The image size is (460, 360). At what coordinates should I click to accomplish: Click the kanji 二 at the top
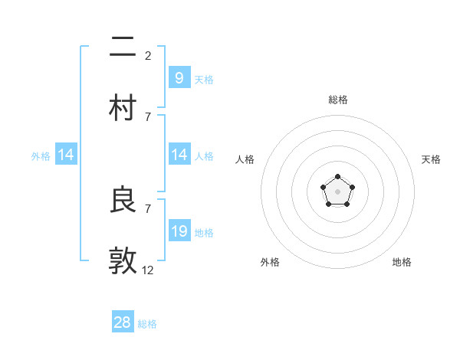click(x=123, y=47)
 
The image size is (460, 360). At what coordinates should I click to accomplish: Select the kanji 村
click(x=123, y=108)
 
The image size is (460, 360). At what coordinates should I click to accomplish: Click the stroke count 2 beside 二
click(x=148, y=55)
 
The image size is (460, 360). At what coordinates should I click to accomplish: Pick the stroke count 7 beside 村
click(x=148, y=116)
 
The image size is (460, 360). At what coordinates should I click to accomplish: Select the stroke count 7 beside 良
click(x=148, y=208)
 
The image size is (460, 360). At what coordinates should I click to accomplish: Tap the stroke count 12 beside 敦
click(x=148, y=270)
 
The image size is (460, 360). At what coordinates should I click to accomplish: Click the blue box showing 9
click(x=179, y=77)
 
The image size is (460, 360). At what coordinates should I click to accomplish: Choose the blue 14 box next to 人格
click(x=179, y=155)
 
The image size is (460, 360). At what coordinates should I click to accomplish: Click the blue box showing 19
click(x=179, y=231)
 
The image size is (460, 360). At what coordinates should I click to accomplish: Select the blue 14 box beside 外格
click(x=66, y=155)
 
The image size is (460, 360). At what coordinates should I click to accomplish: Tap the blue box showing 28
click(x=123, y=322)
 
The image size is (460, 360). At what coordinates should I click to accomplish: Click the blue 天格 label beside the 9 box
click(x=204, y=79)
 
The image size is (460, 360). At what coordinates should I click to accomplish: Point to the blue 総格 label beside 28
click(x=147, y=324)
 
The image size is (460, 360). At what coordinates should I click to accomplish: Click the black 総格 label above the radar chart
click(x=337, y=100)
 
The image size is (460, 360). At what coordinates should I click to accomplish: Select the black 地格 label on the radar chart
click(x=402, y=262)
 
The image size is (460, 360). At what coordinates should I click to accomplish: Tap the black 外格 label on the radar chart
click(x=270, y=262)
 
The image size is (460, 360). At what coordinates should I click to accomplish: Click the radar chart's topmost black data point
click(x=337, y=177)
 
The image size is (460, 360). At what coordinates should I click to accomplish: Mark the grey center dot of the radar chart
click(x=337, y=191)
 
